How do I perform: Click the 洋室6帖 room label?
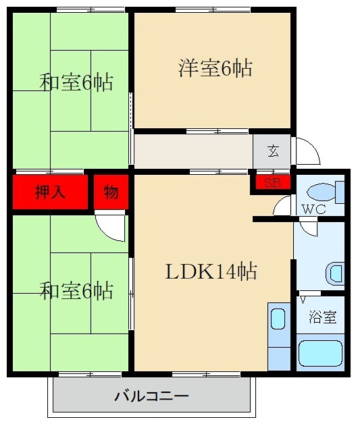(x=215, y=68)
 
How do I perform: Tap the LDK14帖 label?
(x=211, y=272)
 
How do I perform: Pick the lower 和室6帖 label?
(x=76, y=292)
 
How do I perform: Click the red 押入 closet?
(x=50, y=192)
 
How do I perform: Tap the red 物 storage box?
(x=111, y=192)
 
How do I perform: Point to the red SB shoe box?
(x=272, y=183)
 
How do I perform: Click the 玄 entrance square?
(x=272, y=151)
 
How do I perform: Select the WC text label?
(x=314, y=209)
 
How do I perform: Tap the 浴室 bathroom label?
(x=323, y=317)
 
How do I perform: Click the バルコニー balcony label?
(x=151, y=396)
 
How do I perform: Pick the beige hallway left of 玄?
(x=192, y=151)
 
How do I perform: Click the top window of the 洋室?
(x=213, y=9)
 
